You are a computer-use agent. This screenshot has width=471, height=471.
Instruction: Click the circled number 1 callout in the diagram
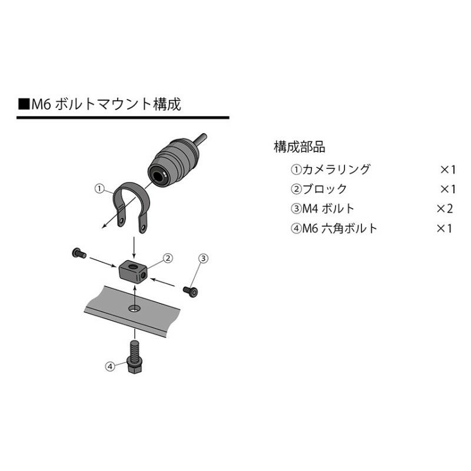point(99,189)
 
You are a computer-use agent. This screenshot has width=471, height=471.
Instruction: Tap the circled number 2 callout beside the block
point(168,258)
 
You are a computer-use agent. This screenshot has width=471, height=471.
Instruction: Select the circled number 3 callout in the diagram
point(202,258)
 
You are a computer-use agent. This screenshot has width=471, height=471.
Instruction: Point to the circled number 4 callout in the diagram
point(110,366)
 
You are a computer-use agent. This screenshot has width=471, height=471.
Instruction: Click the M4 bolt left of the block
point(78,254)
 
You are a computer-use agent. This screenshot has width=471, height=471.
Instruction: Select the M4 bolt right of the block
point(190,290)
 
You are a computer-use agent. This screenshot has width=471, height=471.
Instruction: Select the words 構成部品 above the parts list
point(299,147)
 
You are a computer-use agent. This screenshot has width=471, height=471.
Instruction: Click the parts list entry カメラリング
point(331,170)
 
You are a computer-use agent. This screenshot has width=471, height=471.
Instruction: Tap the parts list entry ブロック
point(319,189)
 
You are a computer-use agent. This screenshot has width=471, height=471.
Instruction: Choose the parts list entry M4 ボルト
point(323,208)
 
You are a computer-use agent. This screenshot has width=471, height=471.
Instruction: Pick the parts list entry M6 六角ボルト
point(334,228)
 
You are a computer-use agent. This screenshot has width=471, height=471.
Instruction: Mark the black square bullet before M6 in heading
point(24,105)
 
